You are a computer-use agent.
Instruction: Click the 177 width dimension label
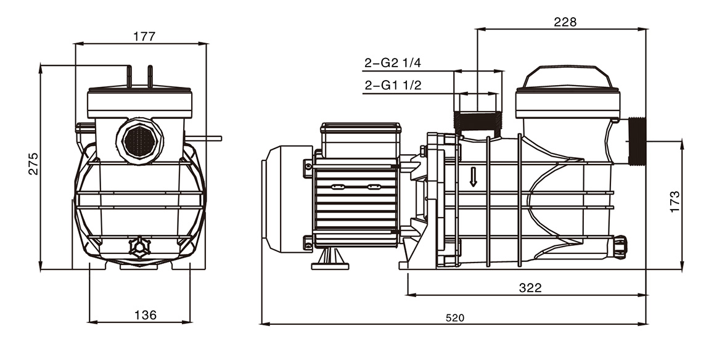pos(144,36)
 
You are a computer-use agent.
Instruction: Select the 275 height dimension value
pos(33,163)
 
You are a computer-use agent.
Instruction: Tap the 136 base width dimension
pos(145,315)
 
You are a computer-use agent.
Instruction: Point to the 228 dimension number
pos(565,22)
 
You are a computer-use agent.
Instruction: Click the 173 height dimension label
pos(675,202)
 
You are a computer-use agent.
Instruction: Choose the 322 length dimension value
pos(530,287)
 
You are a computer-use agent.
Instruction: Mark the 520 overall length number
pos(454,318)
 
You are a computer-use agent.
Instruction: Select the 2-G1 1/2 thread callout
pos(392,86)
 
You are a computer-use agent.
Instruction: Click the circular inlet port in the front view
pos(139,142)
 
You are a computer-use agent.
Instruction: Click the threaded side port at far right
pos(637,142)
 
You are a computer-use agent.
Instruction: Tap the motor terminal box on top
pos(361,140)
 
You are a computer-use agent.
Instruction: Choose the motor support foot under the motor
pos(330,259)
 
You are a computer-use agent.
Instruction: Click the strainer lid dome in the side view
pos(567,77)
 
